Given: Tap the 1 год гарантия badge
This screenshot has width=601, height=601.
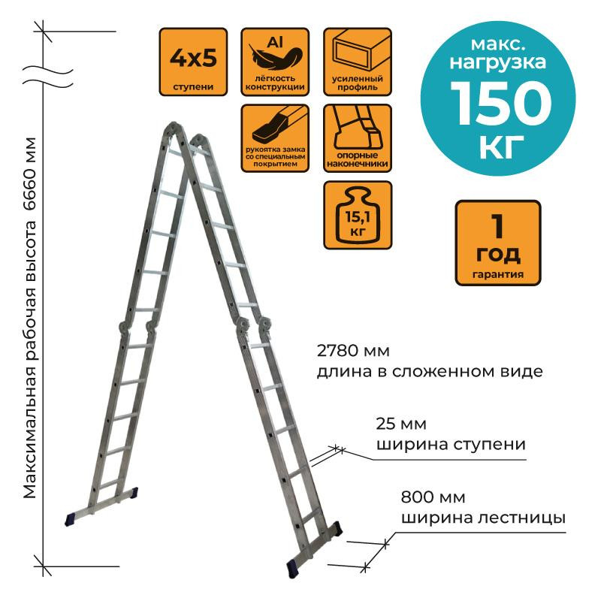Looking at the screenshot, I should [x=498, y=242].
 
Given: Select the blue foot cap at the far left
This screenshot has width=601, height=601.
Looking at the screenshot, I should [x=71, y=518].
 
